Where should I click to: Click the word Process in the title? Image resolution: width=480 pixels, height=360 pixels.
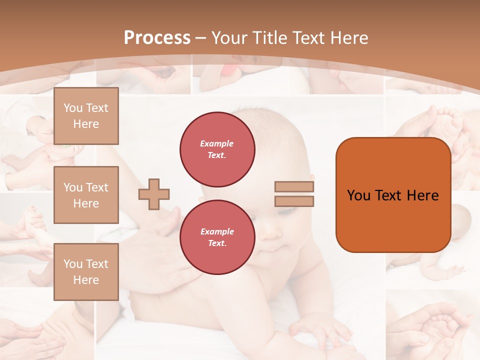(157, 38)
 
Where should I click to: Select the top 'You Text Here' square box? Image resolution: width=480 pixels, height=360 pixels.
(86, 116)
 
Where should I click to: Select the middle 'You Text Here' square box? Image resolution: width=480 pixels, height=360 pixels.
(86, 195)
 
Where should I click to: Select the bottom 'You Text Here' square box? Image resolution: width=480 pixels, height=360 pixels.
(86, 272)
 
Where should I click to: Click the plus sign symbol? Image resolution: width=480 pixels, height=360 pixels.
(154, 194)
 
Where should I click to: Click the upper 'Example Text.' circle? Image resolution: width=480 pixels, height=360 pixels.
(217, 149)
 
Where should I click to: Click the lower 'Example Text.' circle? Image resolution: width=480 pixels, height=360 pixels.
(217, 237)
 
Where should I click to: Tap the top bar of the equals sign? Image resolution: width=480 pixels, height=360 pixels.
(294, 187)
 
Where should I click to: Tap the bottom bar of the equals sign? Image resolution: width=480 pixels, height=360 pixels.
(294, 201)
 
